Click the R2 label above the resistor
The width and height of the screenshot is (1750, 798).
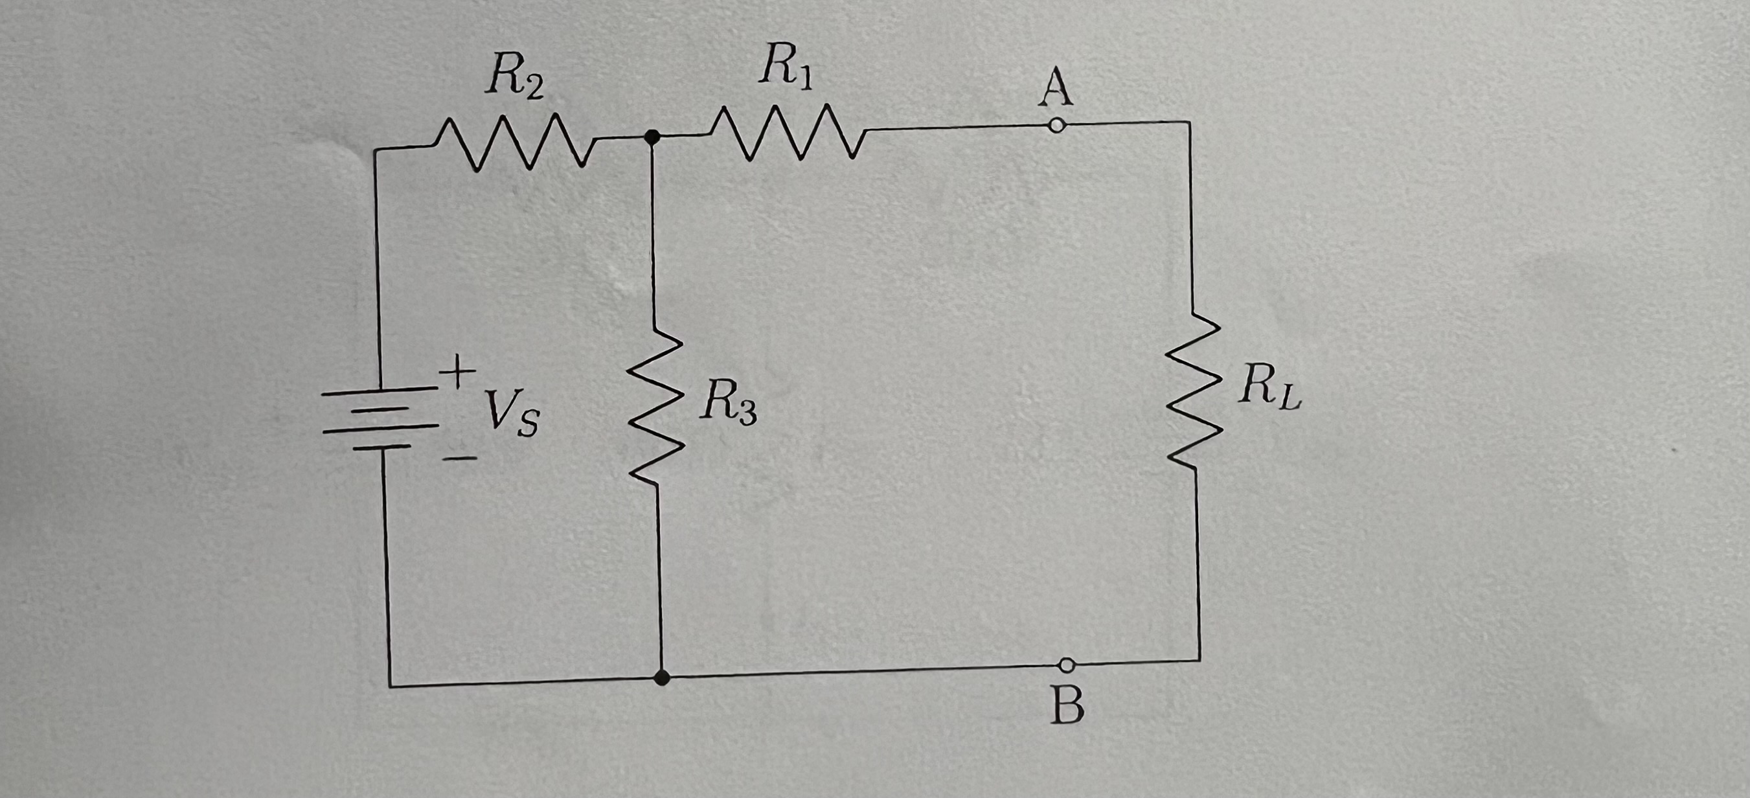pos(514,80)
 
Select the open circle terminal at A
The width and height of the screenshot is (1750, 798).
pos(1056,126)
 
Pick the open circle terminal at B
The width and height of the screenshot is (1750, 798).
pos(1067,664)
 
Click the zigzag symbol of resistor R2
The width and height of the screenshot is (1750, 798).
pos(514,142)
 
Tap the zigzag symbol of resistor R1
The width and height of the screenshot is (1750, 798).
pos(787,131)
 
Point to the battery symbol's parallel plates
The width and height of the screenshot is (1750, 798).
pos(377,418)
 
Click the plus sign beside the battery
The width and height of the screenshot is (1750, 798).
pos(459,372)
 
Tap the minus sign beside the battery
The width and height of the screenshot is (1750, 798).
pos(459,459)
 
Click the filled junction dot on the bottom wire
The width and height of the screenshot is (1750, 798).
pos(663,677)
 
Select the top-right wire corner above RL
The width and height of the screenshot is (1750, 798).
pos(1189,123)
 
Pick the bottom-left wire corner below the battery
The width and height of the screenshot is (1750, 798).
pos(389,686)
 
